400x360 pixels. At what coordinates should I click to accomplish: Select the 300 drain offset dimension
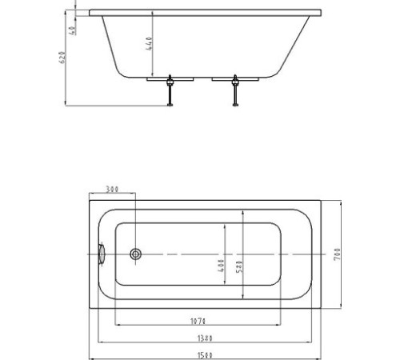pos(111,190)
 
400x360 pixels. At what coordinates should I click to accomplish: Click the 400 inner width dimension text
pos(221,265)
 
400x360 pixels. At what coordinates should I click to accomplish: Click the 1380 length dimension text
pos(203,338)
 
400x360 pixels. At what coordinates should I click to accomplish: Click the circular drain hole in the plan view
pos(136,254)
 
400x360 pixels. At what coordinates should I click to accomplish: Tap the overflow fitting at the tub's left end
pos(102,254)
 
